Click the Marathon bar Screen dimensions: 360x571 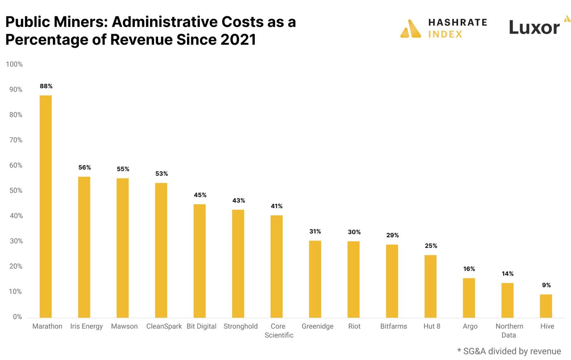click(46, 206)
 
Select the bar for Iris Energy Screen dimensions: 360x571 click(84, 247)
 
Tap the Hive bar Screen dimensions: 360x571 click(546, 306)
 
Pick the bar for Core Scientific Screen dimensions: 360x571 click(276, 266)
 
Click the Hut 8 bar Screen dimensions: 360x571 click(430, 286)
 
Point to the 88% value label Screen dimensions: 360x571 click(46, 86)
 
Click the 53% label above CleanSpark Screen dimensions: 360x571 click(161, 174)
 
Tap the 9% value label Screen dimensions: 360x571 click(546, 285)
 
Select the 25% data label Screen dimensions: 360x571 click(431, 246)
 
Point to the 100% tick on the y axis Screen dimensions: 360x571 click(14, 64)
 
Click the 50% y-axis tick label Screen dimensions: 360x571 click(16, 191)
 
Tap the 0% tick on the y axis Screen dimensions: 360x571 click(18, 317)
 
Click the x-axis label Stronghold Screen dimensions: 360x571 click(240, 326)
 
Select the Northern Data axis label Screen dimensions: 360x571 click(509, 331)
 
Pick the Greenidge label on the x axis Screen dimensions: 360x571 click(317, 326)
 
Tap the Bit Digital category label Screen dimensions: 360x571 click(201, 326)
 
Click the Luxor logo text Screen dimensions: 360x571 click(534, 28)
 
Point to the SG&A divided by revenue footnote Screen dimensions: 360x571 click(509, 351)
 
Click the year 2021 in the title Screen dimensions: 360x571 click(238, 40)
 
